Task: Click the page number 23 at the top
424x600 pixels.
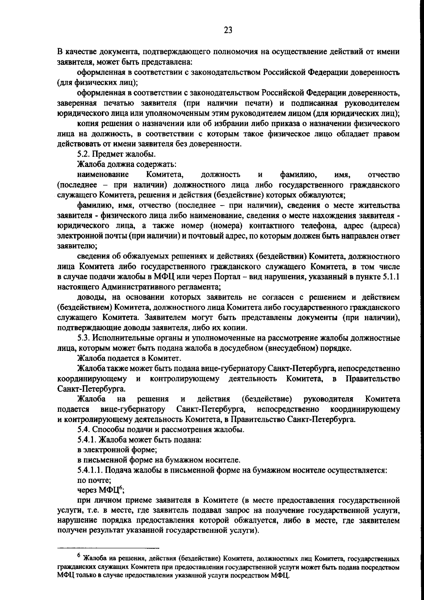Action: pyautogui.click(x=228, y=30)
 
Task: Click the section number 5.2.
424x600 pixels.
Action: pyautogui.click(x=84, y=154)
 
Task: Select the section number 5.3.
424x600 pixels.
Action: pyautogui.click(x=84, y=338)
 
